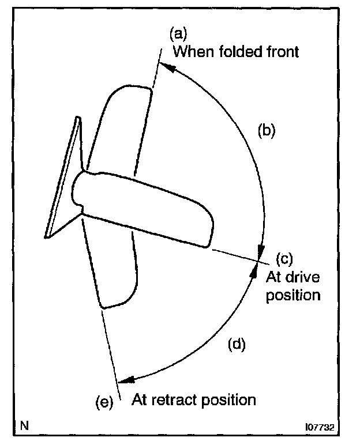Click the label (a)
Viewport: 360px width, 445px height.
tap(178, 33)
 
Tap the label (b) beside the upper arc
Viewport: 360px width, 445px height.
tap(267, 130)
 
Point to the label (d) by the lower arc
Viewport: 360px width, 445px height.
tap(237, 345)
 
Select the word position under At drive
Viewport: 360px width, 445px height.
tap(292, 296)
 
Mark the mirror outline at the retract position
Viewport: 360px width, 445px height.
tap(115, 271)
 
